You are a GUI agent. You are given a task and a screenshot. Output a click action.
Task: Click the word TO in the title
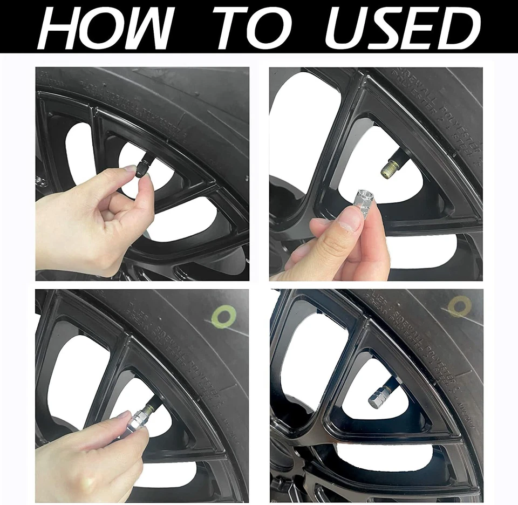click(254, 28)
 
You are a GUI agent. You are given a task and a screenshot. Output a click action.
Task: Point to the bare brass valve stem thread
click(388, 170)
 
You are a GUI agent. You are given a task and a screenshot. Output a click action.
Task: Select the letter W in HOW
click(145, 28)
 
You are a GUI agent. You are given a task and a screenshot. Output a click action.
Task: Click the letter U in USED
click(345, 28)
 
